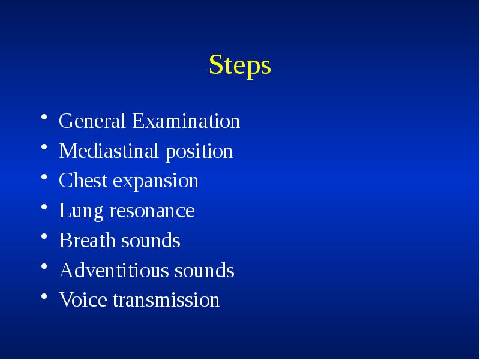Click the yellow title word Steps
tap(240, 65)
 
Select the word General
tap(92, 121)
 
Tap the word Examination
tap(186, 121)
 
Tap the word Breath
tap(87, 241)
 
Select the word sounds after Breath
tap(151, 241)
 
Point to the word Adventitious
tap(114, 271)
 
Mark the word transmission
tap(166, 300)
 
